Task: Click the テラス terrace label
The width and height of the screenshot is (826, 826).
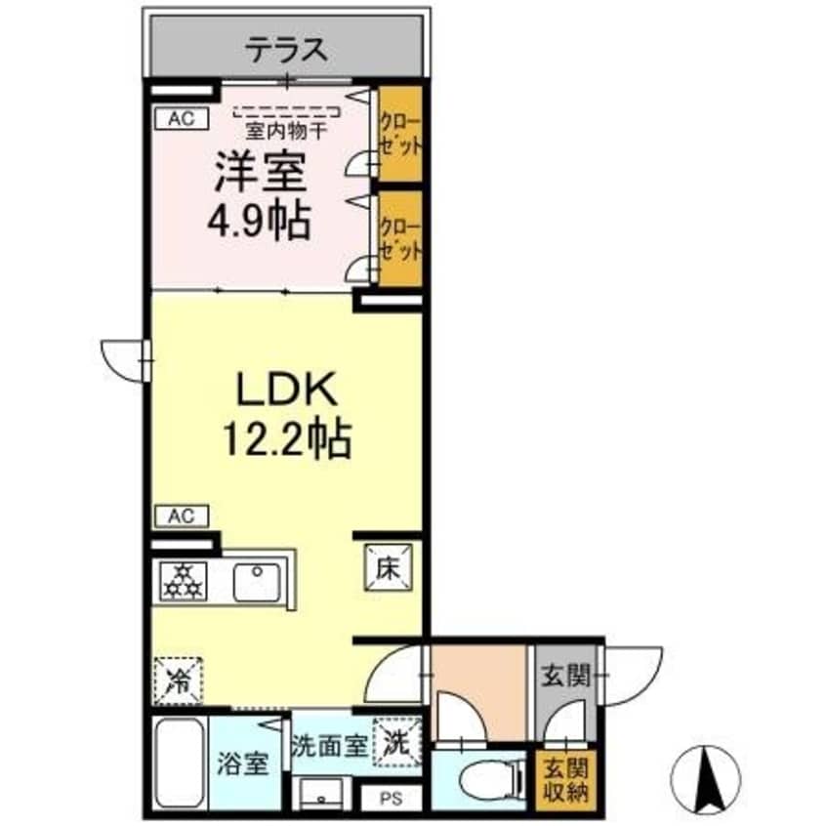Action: pos(285,49)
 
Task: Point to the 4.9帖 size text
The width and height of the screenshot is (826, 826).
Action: pos(259,222)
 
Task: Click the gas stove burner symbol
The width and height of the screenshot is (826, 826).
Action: pos(182,583)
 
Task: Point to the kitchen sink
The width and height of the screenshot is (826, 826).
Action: pos(259,583)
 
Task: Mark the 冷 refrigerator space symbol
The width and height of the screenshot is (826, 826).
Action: pos(178,678)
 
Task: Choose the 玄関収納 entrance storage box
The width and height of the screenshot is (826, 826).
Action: pos(559,776)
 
